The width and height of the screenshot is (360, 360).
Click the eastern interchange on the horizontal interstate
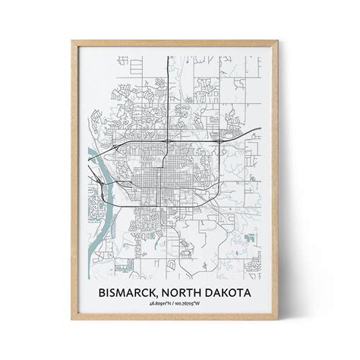[219, 142]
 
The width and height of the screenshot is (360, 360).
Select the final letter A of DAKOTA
[261, 292]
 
